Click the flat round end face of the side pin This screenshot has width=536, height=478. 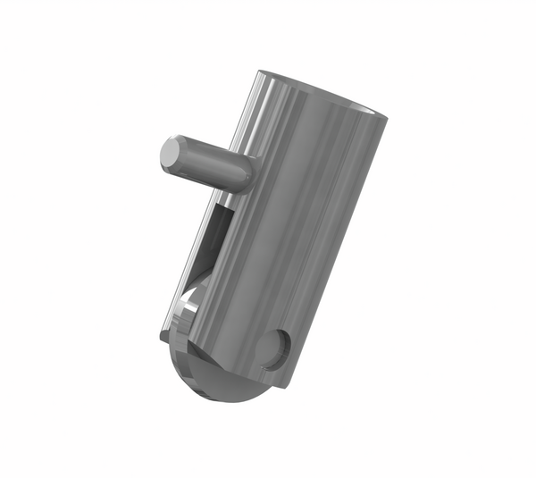pos(170,155)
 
